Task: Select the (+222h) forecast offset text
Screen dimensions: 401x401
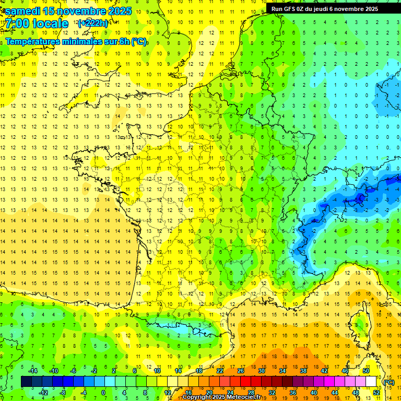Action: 93,23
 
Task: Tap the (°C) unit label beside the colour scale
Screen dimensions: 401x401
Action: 388,382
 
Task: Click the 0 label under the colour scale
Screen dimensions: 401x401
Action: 103,393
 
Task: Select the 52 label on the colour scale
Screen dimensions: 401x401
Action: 376,393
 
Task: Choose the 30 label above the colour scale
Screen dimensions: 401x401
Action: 261,371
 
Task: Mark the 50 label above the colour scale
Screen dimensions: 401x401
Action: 365,371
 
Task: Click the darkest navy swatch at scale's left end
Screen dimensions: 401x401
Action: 26,382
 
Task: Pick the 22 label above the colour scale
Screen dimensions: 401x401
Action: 220,371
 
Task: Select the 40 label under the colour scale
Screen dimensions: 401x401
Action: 313,393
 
